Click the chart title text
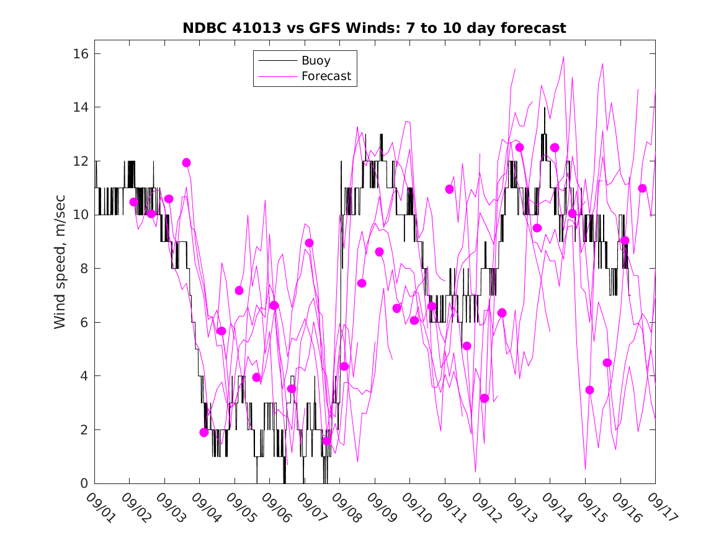(374, 29)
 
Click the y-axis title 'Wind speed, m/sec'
(60, 269)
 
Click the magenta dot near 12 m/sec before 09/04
(186, 163)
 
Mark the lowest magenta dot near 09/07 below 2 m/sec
(327, 441)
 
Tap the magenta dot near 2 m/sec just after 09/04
(204, 433)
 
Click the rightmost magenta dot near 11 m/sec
(643, 188)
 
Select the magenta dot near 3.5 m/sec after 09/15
(590, 390)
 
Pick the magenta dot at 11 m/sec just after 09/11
(450, 189)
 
